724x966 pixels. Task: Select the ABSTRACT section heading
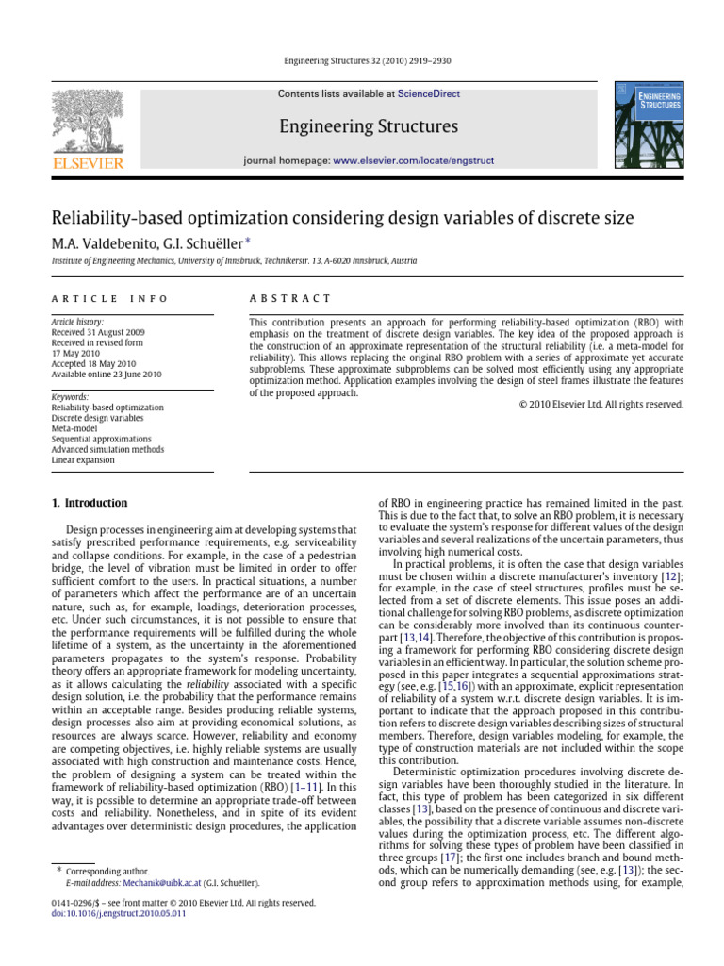tap(289, 299)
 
